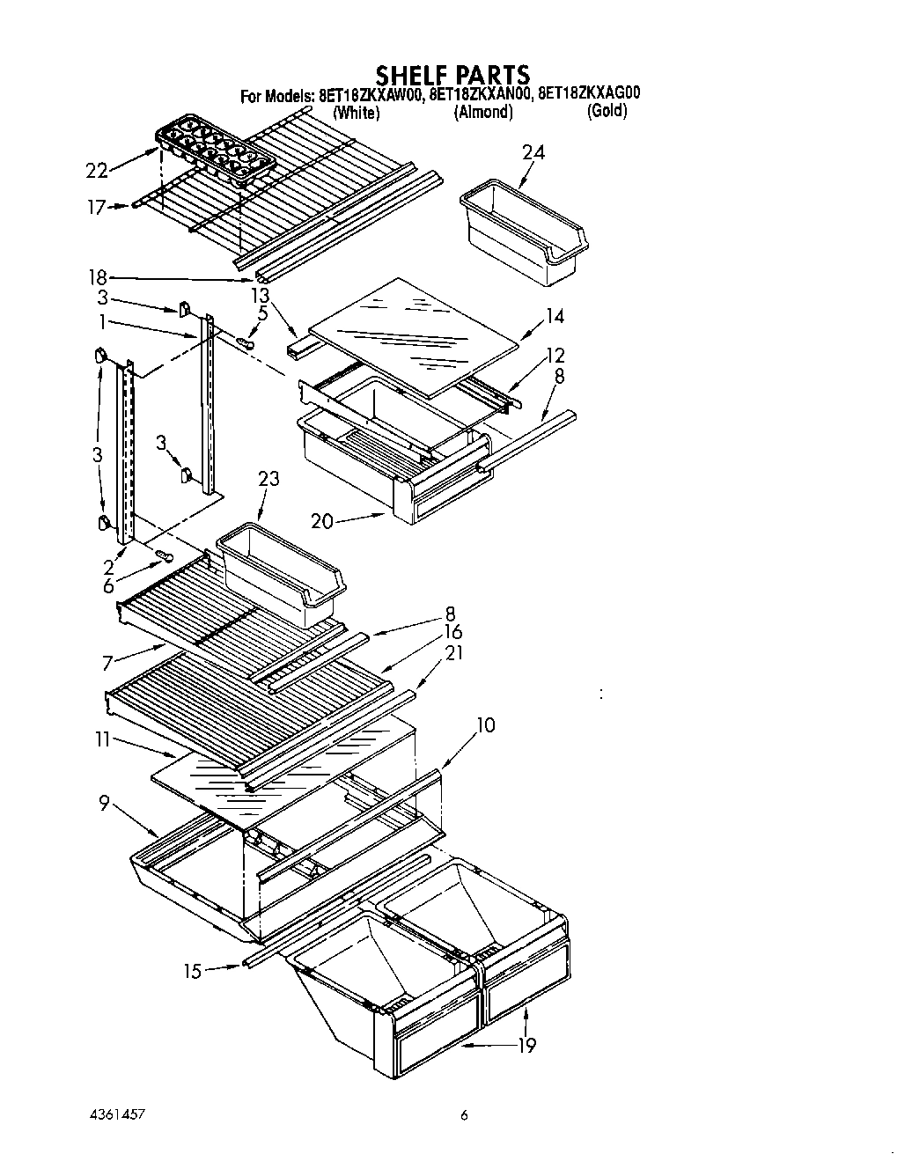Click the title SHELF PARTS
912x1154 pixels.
tap(452, 74)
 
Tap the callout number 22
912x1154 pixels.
tap(98, 171)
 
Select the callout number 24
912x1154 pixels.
tap(533, 152)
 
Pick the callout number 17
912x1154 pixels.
tap(96, 208)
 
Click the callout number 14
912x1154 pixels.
tap(555, 316)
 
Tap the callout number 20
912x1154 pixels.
tap(322, 521)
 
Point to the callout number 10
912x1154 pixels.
tap(485, 725)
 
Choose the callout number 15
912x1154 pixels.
tap(193, 971)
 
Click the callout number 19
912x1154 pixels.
tap(526, 1045)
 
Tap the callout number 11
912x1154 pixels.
tap(103, 740)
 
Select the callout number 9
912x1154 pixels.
tap(104, 803)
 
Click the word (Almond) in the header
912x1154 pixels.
tap(482, 113)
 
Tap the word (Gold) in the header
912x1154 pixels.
tap(607, 111)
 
